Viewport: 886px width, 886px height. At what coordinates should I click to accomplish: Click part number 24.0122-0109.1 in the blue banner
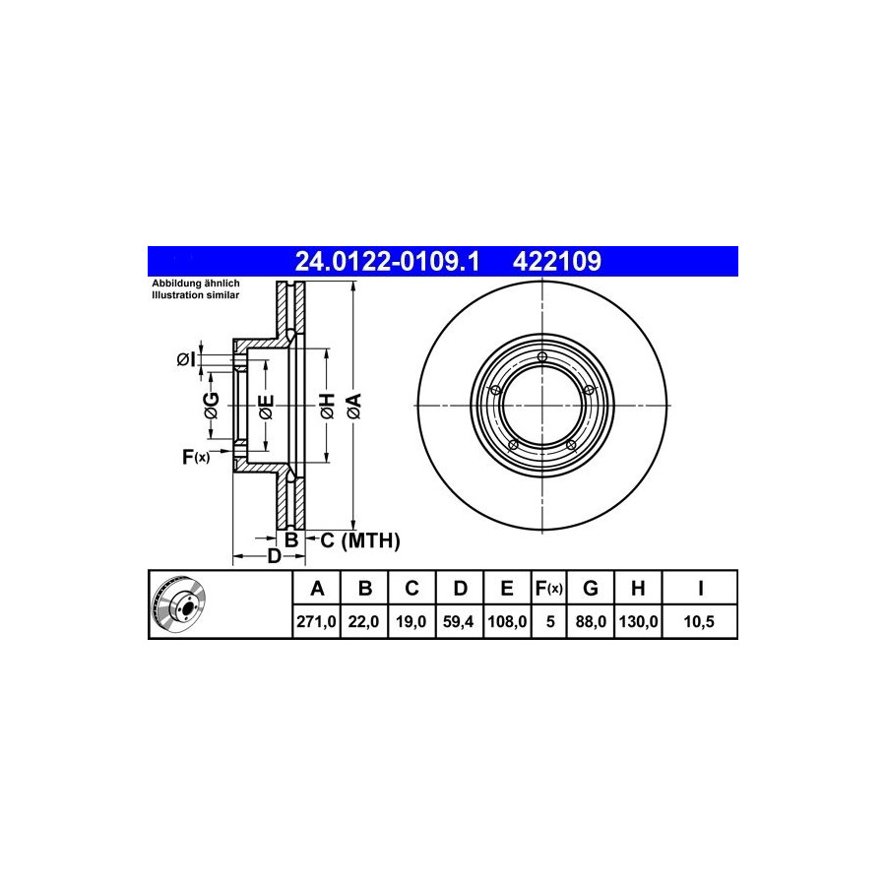[x=387, y=261]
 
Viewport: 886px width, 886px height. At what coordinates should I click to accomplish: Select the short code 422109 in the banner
[x=556, y=261]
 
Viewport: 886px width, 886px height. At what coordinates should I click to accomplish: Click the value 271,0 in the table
[x=316, y=621]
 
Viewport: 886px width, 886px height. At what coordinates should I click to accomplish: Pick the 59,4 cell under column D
[x=458, y=621]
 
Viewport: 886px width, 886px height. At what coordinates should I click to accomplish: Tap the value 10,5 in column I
[x=699, y=621]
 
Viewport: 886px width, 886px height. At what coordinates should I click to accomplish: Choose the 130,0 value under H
[x=638, y=621]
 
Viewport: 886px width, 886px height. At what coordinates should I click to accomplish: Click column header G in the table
[x=591, y=589]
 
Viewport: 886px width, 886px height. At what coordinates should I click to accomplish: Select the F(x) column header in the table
[x=549, y=589]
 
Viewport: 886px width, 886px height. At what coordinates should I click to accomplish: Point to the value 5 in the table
[x=550, y=621]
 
